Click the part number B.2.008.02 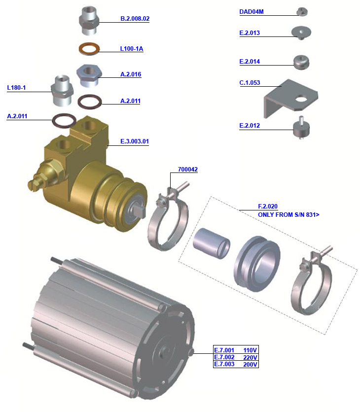tap(135, 19)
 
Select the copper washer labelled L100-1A tap(89, 49)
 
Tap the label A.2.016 tap(131, 74)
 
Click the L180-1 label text tap(16, 88)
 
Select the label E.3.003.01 tap(135, 141)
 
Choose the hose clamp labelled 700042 tap(168, 222)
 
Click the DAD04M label tap(252, 12)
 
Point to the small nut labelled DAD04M tap(302, 12)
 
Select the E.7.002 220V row tap(235, 357)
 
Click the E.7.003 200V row tap(235, 364)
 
